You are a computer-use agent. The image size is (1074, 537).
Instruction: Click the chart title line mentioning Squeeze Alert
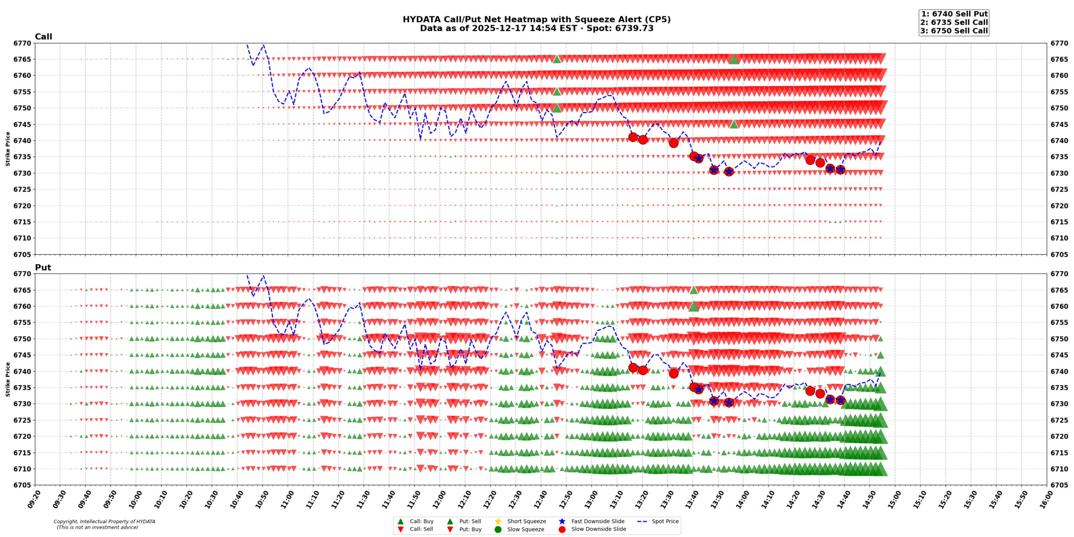(x=536, y=20)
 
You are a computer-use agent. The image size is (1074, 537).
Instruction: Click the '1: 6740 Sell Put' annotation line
(x=954, y=14)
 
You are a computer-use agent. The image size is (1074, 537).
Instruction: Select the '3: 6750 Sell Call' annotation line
(x=954, y=31)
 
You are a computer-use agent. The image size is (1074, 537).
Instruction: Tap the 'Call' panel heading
(x=43, y=37)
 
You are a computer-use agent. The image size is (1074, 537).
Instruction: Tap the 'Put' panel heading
(x=43, y=268)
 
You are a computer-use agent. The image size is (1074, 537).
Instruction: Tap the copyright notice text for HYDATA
(x=104, y=524)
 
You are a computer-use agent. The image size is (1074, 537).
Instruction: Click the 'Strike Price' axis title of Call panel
(x=8, y=149)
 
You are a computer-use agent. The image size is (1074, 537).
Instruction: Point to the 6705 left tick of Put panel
(x=22, y=485)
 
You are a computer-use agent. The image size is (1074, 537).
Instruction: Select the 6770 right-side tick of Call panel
(x=1059, y=43)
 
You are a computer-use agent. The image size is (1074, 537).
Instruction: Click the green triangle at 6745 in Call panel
(x=734, y=124)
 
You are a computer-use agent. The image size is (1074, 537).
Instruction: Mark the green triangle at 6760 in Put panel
(x=693, y=307)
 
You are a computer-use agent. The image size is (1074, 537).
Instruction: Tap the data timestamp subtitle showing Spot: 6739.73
(x=536, y=29)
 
